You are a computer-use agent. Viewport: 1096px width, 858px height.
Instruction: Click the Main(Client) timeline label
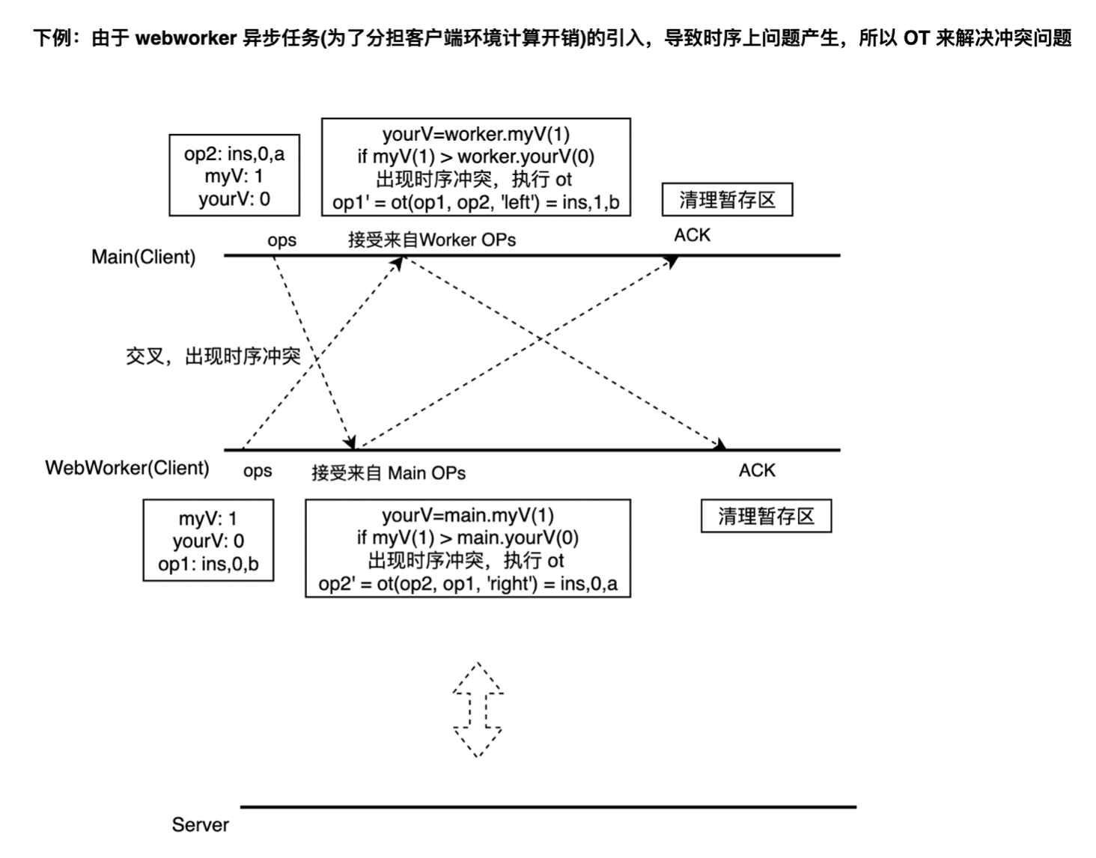click(143, 257)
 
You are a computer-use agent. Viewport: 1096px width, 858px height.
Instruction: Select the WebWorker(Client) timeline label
click(127, 468)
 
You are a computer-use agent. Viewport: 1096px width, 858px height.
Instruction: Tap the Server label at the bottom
click(200, 824)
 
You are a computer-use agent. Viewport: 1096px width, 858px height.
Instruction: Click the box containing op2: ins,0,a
click(234, 176)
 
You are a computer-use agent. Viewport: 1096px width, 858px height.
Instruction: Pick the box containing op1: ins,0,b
click(208, 541)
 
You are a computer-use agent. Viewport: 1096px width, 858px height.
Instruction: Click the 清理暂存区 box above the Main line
click(727, 200)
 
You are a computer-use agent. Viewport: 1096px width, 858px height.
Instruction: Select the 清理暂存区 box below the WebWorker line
click(766, 517)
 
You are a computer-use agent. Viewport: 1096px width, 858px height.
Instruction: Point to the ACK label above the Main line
click(692, 235)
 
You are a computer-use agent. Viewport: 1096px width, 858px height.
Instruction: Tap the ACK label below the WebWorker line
click(757, 470)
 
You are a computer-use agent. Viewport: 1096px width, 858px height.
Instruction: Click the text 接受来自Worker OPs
click(432, 240)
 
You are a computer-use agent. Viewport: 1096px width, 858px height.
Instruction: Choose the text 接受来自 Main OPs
click(389, 472)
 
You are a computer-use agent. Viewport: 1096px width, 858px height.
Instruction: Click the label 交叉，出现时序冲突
click(213, 356)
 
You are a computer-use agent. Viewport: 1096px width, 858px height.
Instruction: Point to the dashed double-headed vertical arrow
click(478, 710)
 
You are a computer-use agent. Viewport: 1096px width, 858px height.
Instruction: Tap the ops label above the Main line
click(281, 240)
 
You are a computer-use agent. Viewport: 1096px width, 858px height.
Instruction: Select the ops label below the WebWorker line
click(258, 471)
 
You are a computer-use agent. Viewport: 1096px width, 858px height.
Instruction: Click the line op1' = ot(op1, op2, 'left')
click(475, 202)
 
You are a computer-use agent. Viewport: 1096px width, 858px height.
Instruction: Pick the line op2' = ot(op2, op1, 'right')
click(468, 584)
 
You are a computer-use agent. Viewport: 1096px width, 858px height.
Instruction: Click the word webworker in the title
click(186, 37)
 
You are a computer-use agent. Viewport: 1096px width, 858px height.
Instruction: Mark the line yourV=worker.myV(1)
click(475, 134)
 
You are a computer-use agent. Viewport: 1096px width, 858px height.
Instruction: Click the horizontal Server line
click(548, 807)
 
